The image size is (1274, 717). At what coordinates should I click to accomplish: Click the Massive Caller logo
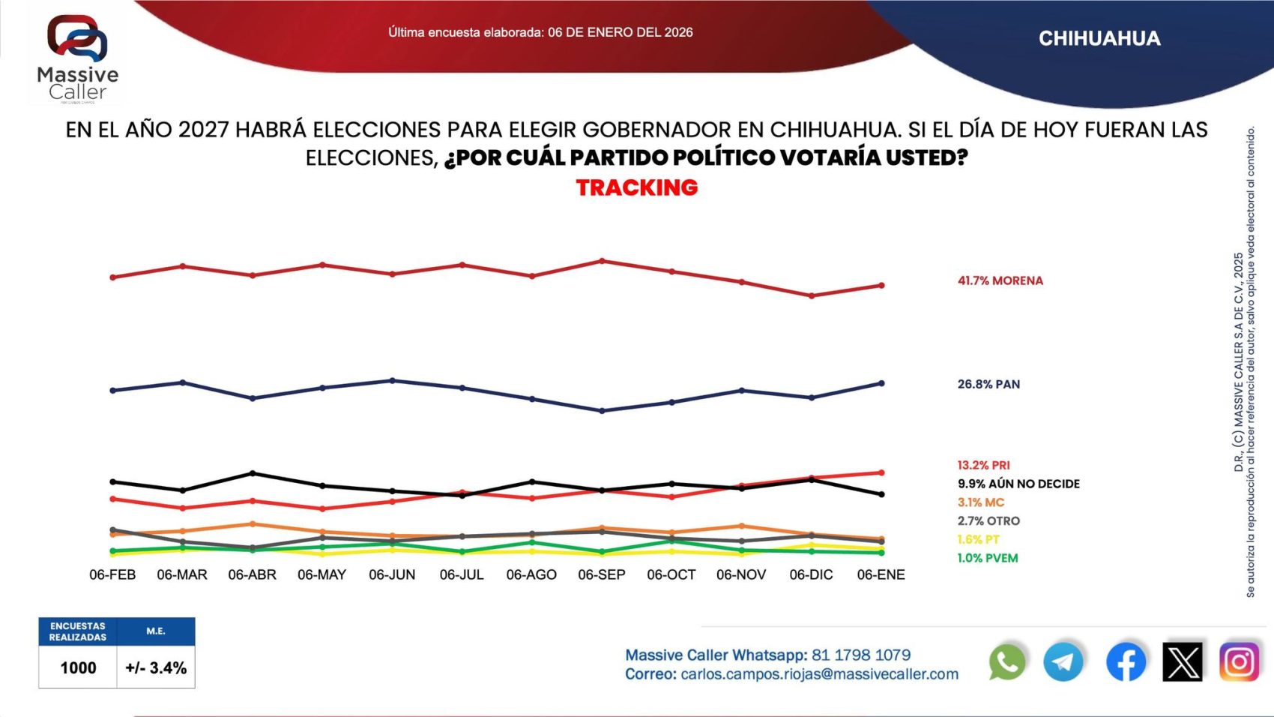(77, 58)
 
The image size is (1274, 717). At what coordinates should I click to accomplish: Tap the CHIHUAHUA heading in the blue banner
(1099, 39)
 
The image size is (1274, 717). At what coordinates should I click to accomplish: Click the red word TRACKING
(637, 187)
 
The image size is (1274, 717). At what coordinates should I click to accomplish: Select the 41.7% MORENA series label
(1000, 280)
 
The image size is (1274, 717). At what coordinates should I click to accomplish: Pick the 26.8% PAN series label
(988, 384)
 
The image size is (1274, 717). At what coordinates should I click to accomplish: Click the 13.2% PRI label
(983, 465)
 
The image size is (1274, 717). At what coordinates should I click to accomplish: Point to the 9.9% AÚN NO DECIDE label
(1018, 484)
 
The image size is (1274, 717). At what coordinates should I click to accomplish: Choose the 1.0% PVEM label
(987, 558)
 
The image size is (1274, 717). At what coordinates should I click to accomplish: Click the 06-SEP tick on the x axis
(601, 574)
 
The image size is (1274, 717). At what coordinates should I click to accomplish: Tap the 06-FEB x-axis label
(112, 574)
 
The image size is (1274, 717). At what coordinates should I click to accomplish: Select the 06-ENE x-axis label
(881, 574)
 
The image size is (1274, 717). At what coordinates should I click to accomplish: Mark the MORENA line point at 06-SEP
(602, 261)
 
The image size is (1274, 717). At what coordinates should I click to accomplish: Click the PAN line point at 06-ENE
(881, 383)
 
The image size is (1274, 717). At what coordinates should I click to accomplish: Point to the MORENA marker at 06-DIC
(812, 295)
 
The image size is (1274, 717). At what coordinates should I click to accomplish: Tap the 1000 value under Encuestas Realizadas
(78, 667)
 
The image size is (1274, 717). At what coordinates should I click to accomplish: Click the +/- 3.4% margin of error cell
(156, 667)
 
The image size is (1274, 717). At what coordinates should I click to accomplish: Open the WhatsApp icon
(1007, 662)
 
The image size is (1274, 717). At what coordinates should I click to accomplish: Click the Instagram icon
(1239, 662)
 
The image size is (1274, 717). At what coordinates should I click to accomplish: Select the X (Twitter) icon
(1182, 662)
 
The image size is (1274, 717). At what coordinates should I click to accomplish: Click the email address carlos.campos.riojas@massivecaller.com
(819, 674)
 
